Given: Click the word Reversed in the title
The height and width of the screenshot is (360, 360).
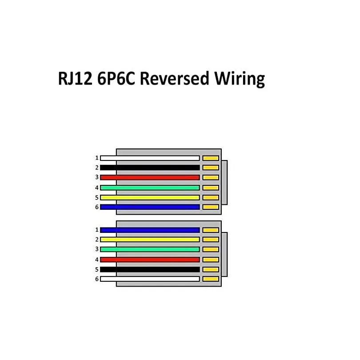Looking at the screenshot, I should point(176,79).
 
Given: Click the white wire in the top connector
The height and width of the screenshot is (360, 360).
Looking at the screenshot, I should point(150,158).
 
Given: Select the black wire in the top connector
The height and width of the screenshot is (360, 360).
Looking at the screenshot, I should point(150,168).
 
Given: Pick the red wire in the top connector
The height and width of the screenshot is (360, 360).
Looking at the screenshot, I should point(150,177).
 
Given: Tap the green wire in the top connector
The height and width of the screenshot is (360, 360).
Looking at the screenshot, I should point(150,188).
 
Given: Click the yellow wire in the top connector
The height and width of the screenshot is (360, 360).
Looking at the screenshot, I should point(150,197).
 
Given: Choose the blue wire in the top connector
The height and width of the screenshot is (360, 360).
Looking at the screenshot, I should point(150,207).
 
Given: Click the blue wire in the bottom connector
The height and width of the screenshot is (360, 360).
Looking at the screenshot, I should point(150,230).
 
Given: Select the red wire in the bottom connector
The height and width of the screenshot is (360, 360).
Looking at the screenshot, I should point(150,260).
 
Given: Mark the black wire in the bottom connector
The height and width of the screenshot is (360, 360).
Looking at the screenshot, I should point(150,269).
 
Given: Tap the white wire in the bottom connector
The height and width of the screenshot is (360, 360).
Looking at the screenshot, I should point(150,279).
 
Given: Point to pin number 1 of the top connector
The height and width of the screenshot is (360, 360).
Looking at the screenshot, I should point(96,158).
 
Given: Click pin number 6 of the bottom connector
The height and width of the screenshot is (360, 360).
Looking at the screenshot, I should point(96,279).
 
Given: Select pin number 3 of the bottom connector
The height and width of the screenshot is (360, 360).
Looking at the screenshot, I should point(96,249).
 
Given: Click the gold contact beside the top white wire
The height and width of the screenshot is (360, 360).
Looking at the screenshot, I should point(211,158).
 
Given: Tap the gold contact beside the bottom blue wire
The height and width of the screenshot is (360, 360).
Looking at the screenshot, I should point(211,230).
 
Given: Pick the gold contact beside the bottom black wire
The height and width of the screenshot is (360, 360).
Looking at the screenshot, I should point(211,269).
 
